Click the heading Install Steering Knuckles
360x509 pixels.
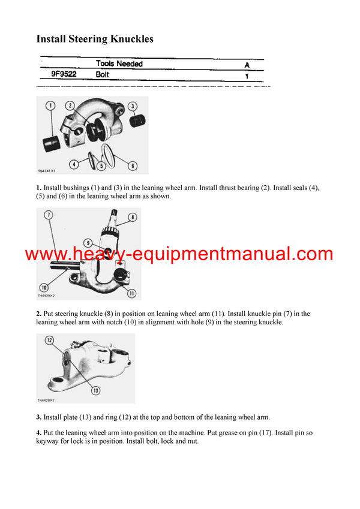(x=95, y=39)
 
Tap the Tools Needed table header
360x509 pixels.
(x=119, y=64)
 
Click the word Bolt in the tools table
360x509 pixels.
(x=103, y=75)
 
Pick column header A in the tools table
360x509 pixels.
(x=247, y=64)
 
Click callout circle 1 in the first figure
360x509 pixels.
(x=50, y=106)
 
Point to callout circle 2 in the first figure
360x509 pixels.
(x=70, y=106)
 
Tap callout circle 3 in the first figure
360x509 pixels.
(x=132, y=106)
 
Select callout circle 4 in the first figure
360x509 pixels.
(x=73, y=164)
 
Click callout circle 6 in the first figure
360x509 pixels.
(x=133, y=165)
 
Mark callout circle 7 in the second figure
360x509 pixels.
(x=47, y=215)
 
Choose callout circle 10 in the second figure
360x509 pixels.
(x=43, y=287)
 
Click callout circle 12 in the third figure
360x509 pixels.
(x=50, y=341)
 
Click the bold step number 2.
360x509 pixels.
(x=39, y=314)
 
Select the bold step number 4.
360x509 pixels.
(x=39, y=433)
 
